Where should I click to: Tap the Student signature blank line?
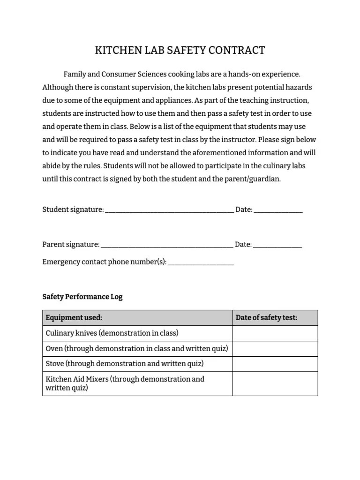pyautogui.click(x=169, y=210)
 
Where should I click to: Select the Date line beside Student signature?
pyautogui.click(x=278, y=210)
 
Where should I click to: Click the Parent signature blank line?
pyautogui.click(x=167, y=245)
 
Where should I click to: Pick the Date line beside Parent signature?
pyautogui.click(x=277, y=245)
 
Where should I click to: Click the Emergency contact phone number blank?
pyautogui.click(x=201, y=263)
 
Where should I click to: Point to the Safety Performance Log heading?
pyautogui.click(x=82, y=297)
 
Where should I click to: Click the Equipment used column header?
pyautogui.click(x=74, y=318)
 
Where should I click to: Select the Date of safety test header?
pyautogui.click(x=266, y=318)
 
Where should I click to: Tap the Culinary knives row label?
pyautogui.click(x=112, y=333)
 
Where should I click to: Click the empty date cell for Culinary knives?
pyautogui.click(x=275, y=333)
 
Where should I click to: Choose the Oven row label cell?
pyautogui.click(x=137, y=349)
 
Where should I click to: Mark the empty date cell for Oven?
pyautogui.click(x=275, y=349)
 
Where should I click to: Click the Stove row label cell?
pyautogui.click(x=124, y=364)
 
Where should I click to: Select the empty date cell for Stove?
pyautogui.click(x=275, y=364)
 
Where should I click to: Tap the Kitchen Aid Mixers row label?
pyautogui.click(x=125, y=383)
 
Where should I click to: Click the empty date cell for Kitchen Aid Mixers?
pyautogui.click(x=275, y=383)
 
